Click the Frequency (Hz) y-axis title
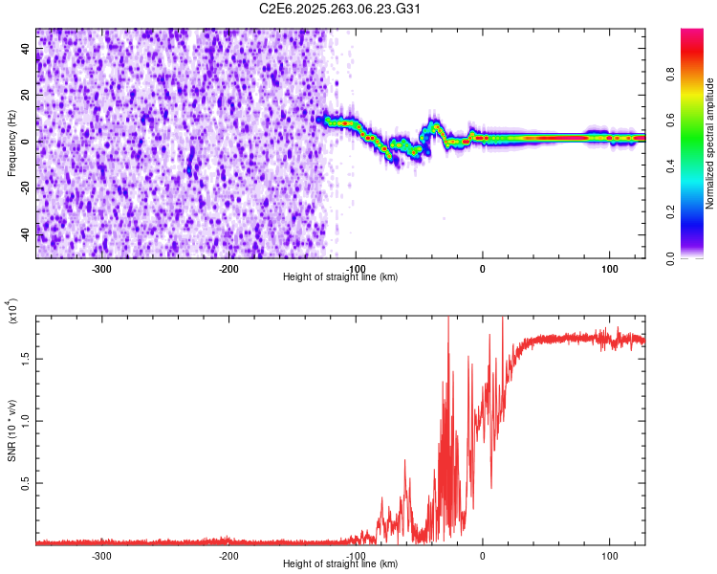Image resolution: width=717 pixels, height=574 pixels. pos(11,143)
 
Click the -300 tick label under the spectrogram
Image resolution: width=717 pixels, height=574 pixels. pos(101,269)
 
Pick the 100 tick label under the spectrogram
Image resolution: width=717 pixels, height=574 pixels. pos(609,269)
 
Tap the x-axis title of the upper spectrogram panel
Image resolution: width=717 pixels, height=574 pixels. pos(340,277)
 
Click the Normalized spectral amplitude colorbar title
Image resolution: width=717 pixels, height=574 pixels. pos(710,143)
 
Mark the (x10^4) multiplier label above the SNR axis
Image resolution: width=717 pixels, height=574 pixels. pos(12,312)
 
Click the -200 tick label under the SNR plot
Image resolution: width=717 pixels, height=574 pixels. pos(228,556)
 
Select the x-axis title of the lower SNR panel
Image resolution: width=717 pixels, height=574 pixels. pos(340,564)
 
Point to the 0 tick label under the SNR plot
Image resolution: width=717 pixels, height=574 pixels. pos(483,556)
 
